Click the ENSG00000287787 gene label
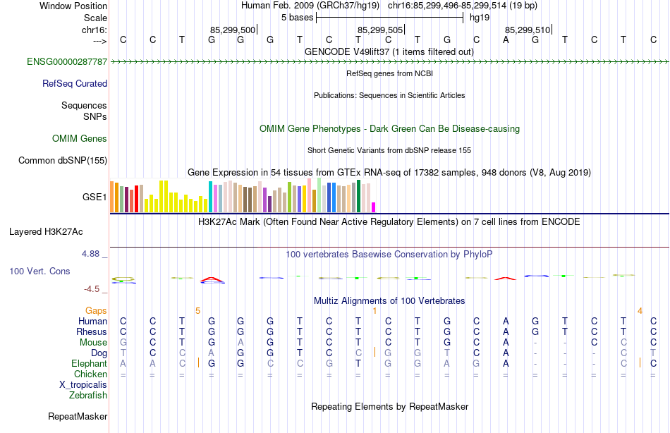pyautogui.click(x=67, y=62)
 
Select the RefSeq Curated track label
pyautogui.click(x=74, y=83)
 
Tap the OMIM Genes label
pyautogui.click(x=79, y=138)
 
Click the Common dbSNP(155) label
pyautogui.click(x=63, y=160)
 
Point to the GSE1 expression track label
pyautogui.click(x=95, y=197)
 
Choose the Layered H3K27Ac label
pyautogui.click(x=46, y=231)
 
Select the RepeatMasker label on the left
pyautogui.click(x=77, y=417)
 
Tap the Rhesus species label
pyautogui.click(x=92, y=331)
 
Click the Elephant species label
pyautogui.click(x=89, y=363)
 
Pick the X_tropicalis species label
pyautogui.click(x=83, y=384)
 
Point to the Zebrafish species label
pyautogui.click(x=87, y=395)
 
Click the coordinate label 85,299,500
pyautogui.click(x=233, y=30)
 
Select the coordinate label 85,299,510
pyautogui.click(x=527, y=30)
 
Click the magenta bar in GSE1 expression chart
pyautogui.click(x=374, y=207)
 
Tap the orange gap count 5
pyautogui.click(x=198, y=310)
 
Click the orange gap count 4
pyautogui.click(x=640, y=310)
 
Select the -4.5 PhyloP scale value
pyautogui.click(x=93, y=288)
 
